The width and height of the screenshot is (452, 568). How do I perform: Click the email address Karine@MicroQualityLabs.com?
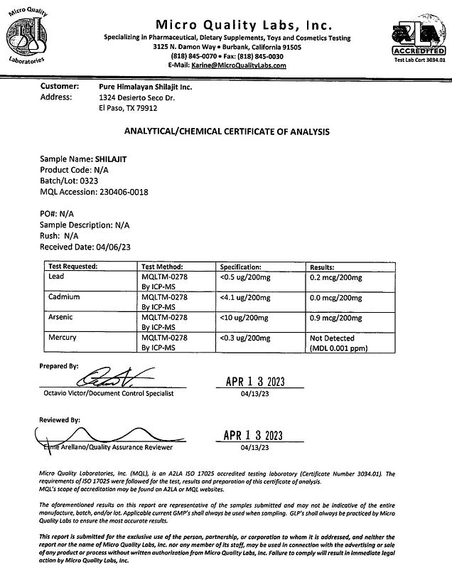[x=238, y=65]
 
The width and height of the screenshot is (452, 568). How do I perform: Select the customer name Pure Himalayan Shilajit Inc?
[x=146, y=87]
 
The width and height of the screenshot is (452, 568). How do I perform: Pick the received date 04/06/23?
[x=112, y=247]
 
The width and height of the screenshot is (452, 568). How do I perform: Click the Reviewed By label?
[x=60, y=420]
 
